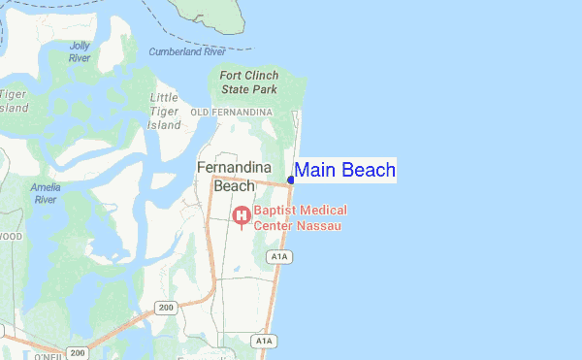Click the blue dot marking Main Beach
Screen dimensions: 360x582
[x=291, y=180]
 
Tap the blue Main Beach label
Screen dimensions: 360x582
[x=344, y=171]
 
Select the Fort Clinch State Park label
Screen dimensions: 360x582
[x=249, y=82]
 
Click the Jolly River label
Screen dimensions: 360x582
[x=80, y=51]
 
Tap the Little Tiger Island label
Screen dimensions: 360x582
[x=164, y=112]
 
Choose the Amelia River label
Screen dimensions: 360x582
[x=46, y=192]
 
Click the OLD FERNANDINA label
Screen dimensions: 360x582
[x=232, y=114]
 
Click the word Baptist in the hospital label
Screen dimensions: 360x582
[x=277, y=211]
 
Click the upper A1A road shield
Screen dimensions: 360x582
[x=280, y=256]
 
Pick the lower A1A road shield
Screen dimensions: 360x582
[x=263, y=341]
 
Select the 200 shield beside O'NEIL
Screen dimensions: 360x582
[x=76, y=352]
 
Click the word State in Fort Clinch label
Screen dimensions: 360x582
[x=236, y=89]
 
